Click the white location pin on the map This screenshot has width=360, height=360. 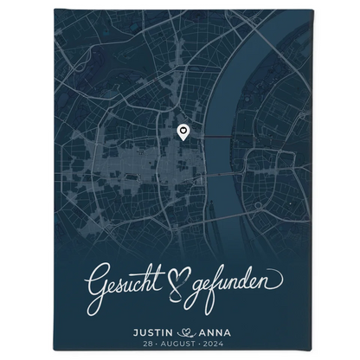(x=183, y=132)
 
